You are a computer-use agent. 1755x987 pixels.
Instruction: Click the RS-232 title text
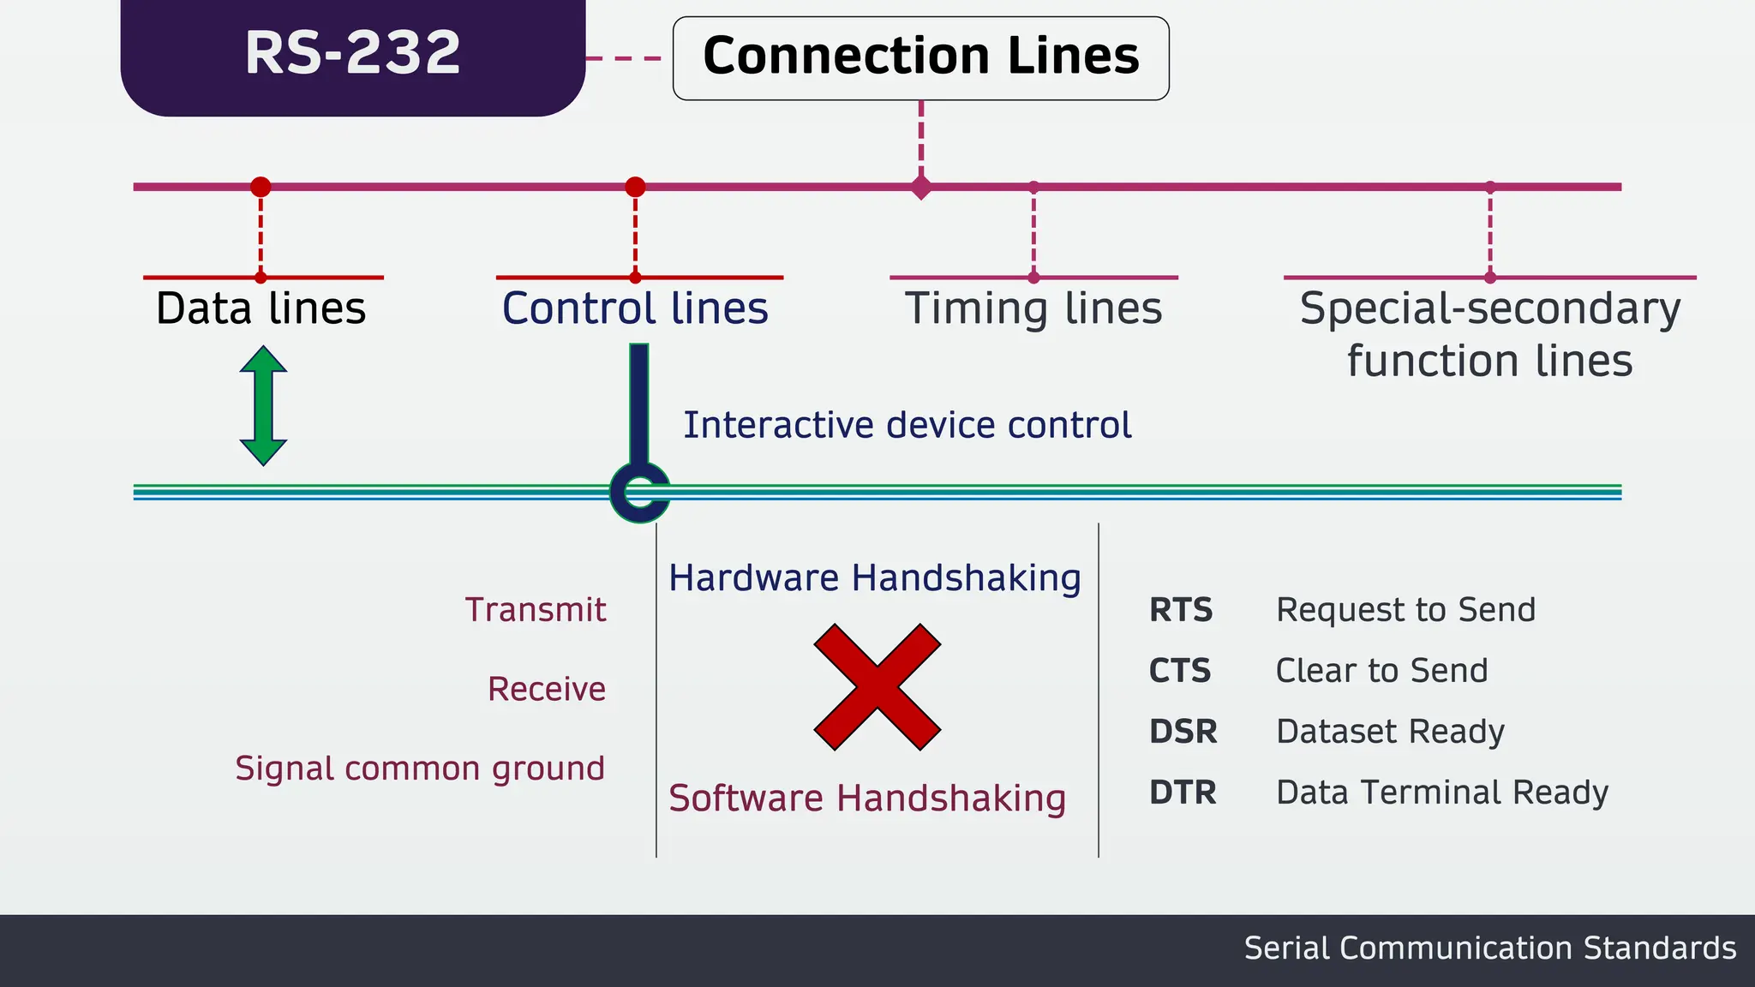click(352, 53)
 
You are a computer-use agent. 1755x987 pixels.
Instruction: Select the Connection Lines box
click(920, 57)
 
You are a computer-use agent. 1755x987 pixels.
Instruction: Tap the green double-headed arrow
click(263, 406)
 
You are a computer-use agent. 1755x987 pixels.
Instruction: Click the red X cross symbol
click(877, 687)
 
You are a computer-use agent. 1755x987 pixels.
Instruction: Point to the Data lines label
click(261, 308)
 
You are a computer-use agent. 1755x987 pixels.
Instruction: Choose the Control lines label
click(635, 308)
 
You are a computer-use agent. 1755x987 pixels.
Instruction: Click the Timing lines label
click(1033, 308)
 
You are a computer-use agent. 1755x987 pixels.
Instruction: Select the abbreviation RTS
click(1181, 610)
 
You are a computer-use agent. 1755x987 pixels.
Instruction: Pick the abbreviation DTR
click(1183, 793)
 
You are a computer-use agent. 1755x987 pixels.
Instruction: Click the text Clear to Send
click(1381, 671)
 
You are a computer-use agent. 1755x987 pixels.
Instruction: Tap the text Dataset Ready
click(1390, 732)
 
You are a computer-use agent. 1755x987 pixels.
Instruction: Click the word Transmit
click(536, 610)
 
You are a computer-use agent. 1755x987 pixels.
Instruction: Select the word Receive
click(547, 689)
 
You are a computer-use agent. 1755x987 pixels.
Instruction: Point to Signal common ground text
click(420, 769)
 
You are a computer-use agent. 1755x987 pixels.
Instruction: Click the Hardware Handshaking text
click(875, 578)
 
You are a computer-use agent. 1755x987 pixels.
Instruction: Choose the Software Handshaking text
click(867, 799)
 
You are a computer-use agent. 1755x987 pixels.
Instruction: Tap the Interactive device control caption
click(907, 425)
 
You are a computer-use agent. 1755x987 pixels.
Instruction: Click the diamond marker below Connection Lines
click(921, 187)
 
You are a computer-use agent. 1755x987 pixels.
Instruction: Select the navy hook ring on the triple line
click(638, 493)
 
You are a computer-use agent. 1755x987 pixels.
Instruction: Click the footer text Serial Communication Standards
click(1489, 948)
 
